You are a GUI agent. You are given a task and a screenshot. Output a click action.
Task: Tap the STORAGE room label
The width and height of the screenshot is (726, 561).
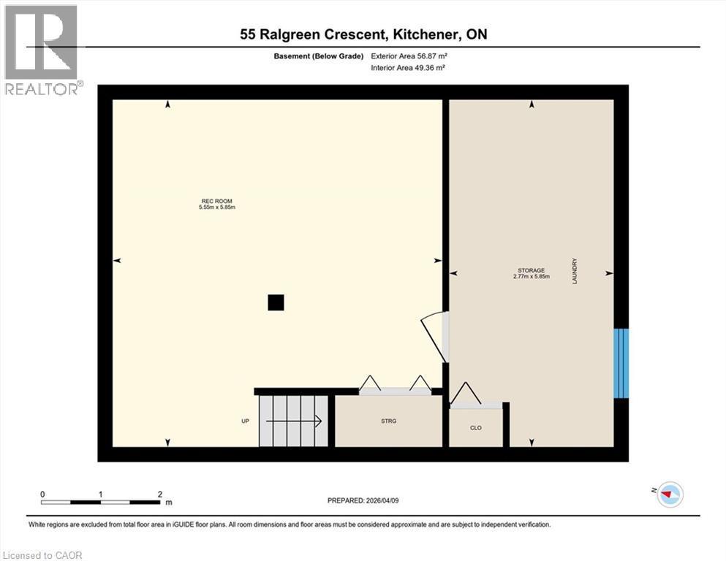531,270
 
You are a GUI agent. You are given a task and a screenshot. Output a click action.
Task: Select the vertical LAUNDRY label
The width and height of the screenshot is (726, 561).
575,272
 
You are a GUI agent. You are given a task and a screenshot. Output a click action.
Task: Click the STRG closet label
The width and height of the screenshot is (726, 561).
388,421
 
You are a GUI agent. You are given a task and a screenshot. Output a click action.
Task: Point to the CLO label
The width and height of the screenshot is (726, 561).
476,427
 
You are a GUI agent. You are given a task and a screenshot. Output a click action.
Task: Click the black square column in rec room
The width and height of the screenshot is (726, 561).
276,302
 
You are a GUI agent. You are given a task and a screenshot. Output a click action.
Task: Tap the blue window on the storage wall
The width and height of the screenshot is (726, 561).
621,363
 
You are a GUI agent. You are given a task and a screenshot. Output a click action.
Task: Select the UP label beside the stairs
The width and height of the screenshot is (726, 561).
246,421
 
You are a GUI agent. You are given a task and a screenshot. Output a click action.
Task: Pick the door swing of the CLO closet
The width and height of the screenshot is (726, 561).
466,394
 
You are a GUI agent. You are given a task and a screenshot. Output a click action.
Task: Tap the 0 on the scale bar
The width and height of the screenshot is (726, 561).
43,495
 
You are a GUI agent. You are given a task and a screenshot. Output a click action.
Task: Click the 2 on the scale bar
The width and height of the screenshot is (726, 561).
160,495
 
